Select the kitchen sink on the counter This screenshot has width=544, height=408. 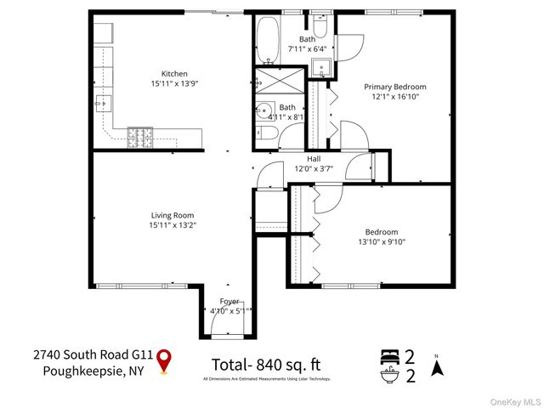pos(102,104)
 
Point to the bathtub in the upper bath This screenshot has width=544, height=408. pos(266,42)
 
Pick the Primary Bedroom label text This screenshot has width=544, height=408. pos(395,87)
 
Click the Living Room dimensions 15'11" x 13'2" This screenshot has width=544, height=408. pos(173,224)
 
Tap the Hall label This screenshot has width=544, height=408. pos(314,158)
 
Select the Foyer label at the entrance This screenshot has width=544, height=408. pos(229,301)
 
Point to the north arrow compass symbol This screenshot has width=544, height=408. pos(437,367)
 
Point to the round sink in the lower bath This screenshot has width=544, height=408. pos(263,110)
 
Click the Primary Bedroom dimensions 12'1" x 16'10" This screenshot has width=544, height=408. pos(395,96)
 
